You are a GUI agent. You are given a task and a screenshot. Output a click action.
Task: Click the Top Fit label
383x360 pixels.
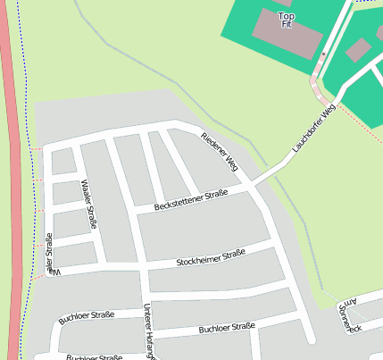[287, 20]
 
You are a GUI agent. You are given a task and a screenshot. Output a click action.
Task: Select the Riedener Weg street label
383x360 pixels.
[220, 151]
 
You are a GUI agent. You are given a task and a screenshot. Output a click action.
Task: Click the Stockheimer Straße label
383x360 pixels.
[211, 258]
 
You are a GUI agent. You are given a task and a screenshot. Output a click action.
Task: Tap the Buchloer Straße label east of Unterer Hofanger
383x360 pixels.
[227, 329]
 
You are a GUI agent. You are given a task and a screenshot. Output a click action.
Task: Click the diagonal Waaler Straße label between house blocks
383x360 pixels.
[88, 204]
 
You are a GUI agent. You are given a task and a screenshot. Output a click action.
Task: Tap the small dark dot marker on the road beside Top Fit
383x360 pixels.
[323, 54]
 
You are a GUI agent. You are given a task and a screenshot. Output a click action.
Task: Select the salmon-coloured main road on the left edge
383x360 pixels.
[11, 179]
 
